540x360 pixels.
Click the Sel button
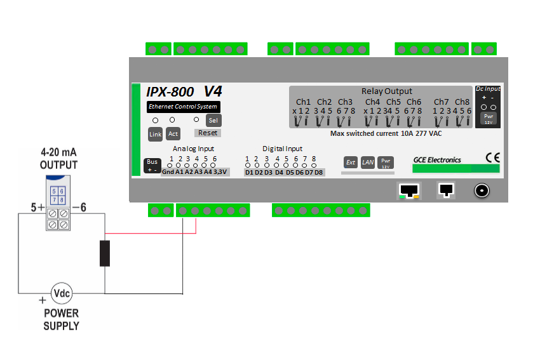tap(213, 120)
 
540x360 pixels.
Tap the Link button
tap(155, 134)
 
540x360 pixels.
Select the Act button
tap(173, 134)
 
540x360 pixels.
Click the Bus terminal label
tap(152, 165)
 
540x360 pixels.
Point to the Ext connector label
tap(351, 163)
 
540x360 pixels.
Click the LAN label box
tap(368, 163)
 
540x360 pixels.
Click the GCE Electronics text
tap(437, 160)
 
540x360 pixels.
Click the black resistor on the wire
tap(105, 253)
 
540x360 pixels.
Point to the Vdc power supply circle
tap(62, 293)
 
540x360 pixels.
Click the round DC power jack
tap(482, 190)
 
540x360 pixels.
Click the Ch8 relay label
tap(462, 102)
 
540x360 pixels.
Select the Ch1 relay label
tap(304, 102)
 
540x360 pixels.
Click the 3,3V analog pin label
tap(220, 172)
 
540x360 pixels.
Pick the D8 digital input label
tap(318, 173)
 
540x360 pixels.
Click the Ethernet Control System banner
tap(183, 107)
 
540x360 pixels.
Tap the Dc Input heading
tap(488, 89)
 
